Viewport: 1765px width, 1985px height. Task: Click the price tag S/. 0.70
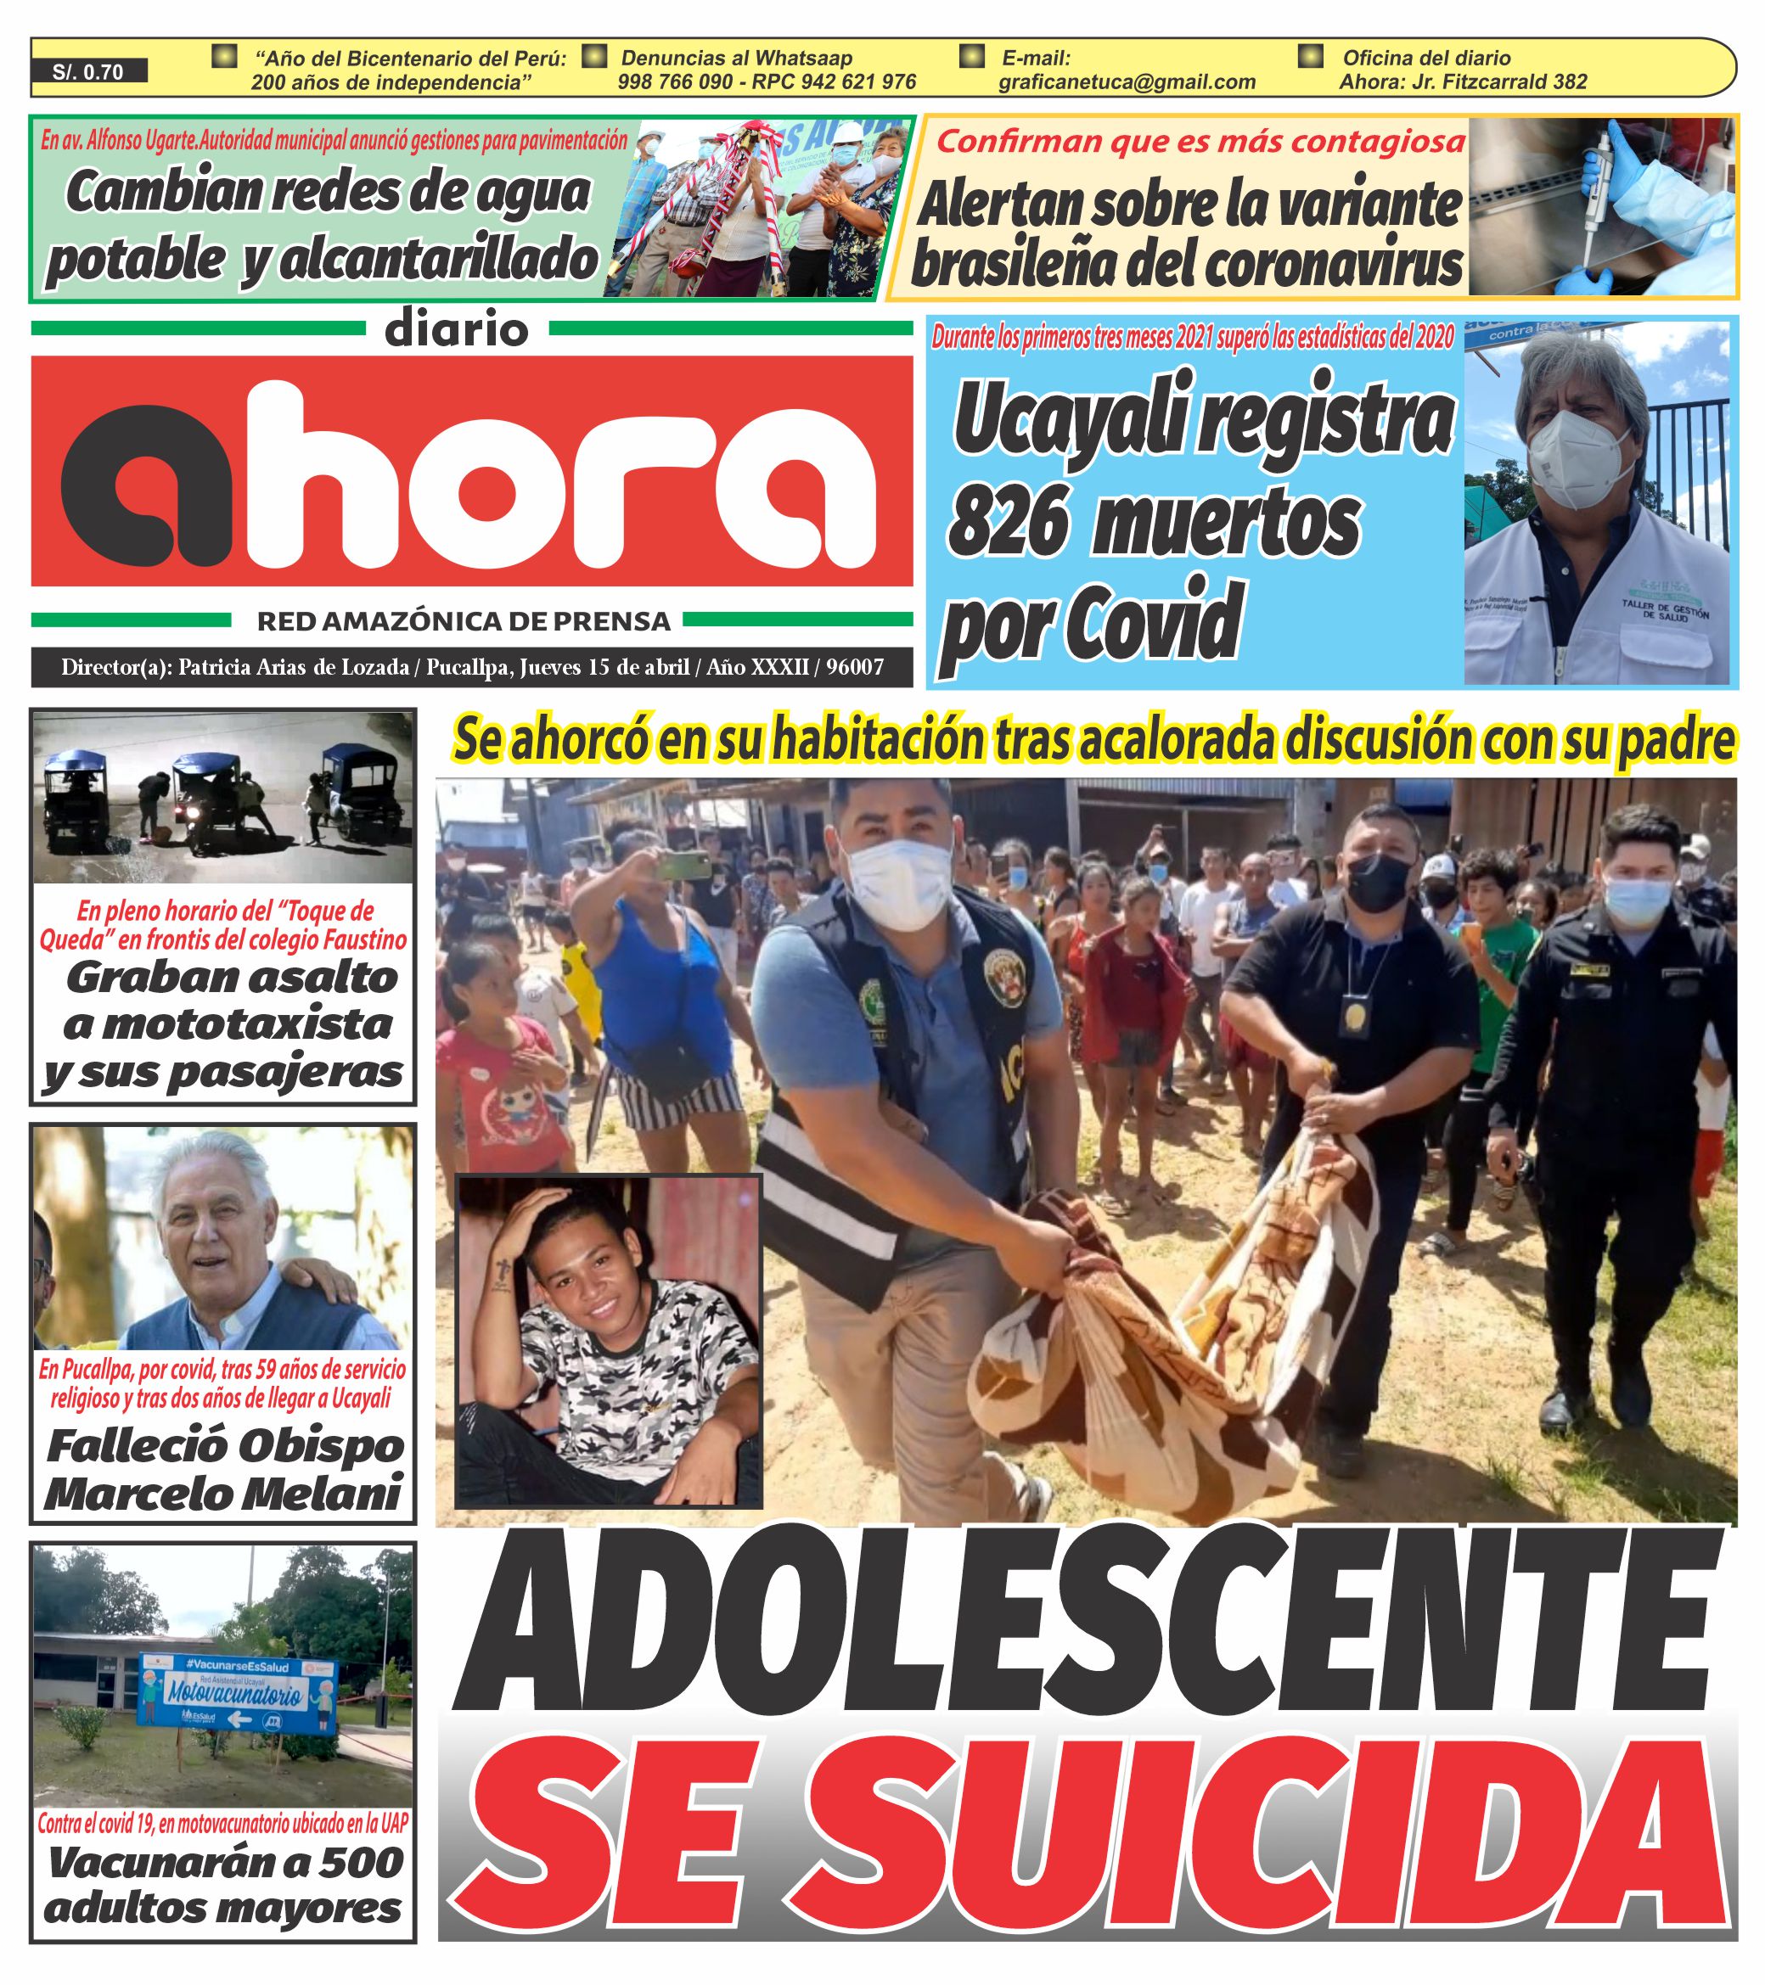88,72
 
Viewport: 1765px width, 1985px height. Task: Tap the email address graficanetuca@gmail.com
1127,82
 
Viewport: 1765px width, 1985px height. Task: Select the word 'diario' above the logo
457,330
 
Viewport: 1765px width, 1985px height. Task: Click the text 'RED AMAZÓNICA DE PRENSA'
464,620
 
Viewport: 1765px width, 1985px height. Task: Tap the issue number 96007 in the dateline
855,667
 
